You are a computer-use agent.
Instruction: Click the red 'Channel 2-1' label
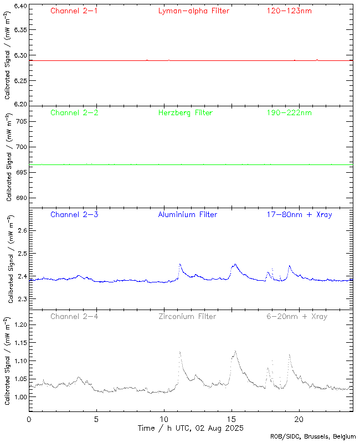[x=74, y=11]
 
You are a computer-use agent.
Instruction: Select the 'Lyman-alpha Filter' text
[x=193, y=11]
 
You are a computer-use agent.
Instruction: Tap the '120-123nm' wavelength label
[x=289, y=11]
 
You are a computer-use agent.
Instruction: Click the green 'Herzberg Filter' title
[x=186, y=113]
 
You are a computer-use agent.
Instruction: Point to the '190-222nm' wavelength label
[x=289, y=113]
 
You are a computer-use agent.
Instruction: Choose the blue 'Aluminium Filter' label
[x=187, y=215]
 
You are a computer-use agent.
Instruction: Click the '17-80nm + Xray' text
[x=299, y=215]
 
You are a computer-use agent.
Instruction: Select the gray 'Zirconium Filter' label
[x=187, y=317]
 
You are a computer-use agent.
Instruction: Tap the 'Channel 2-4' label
[x=74, y=317]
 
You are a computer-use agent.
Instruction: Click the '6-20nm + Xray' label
[x=296, y=317]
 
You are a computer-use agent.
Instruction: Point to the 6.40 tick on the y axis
[x=19, y=6]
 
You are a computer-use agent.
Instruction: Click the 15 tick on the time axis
[x=232, y=419]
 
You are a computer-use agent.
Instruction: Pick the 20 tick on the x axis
[x=299, y=419]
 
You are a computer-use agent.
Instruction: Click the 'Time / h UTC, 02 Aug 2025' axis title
[x=191, y=428]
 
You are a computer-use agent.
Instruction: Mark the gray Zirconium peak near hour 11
[x=180, y=352]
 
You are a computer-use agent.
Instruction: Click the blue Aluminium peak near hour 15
[x=235, y=265]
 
